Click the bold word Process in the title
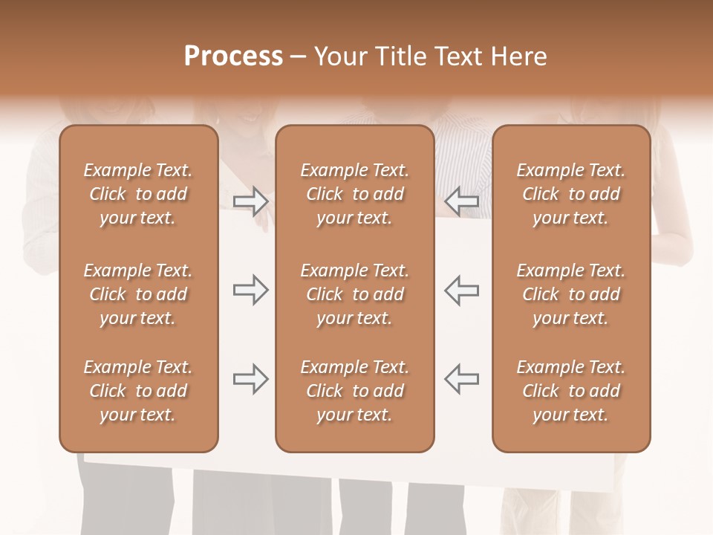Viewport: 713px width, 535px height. click(x=233, y=56)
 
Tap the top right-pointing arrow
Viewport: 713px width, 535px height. click(x=251, y=201)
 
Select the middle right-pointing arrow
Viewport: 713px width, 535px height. click(x=251, y=290)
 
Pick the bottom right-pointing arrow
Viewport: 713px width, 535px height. click(x=251, y=379)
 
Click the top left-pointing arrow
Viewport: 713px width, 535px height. click(x=461, y=201)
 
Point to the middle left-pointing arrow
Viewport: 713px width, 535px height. click(x=461, y=290)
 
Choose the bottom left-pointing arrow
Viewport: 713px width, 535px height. click(x=461, y=379)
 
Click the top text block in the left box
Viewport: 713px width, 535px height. click(x=138, y=194)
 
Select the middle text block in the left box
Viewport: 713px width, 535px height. click(x=138, y=294)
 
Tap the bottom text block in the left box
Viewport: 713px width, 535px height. click(x=138, y=391)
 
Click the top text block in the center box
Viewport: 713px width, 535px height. click(x=354, y=194)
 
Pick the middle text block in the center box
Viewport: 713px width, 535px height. click(x=354, y=294)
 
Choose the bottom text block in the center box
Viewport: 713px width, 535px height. click(x=354, y=391)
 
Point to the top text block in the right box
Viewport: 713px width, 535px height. click(x=570, y=194)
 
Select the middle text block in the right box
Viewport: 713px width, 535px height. click(x=570, y=294)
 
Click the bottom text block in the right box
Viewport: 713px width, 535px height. click(x=570, y=391)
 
